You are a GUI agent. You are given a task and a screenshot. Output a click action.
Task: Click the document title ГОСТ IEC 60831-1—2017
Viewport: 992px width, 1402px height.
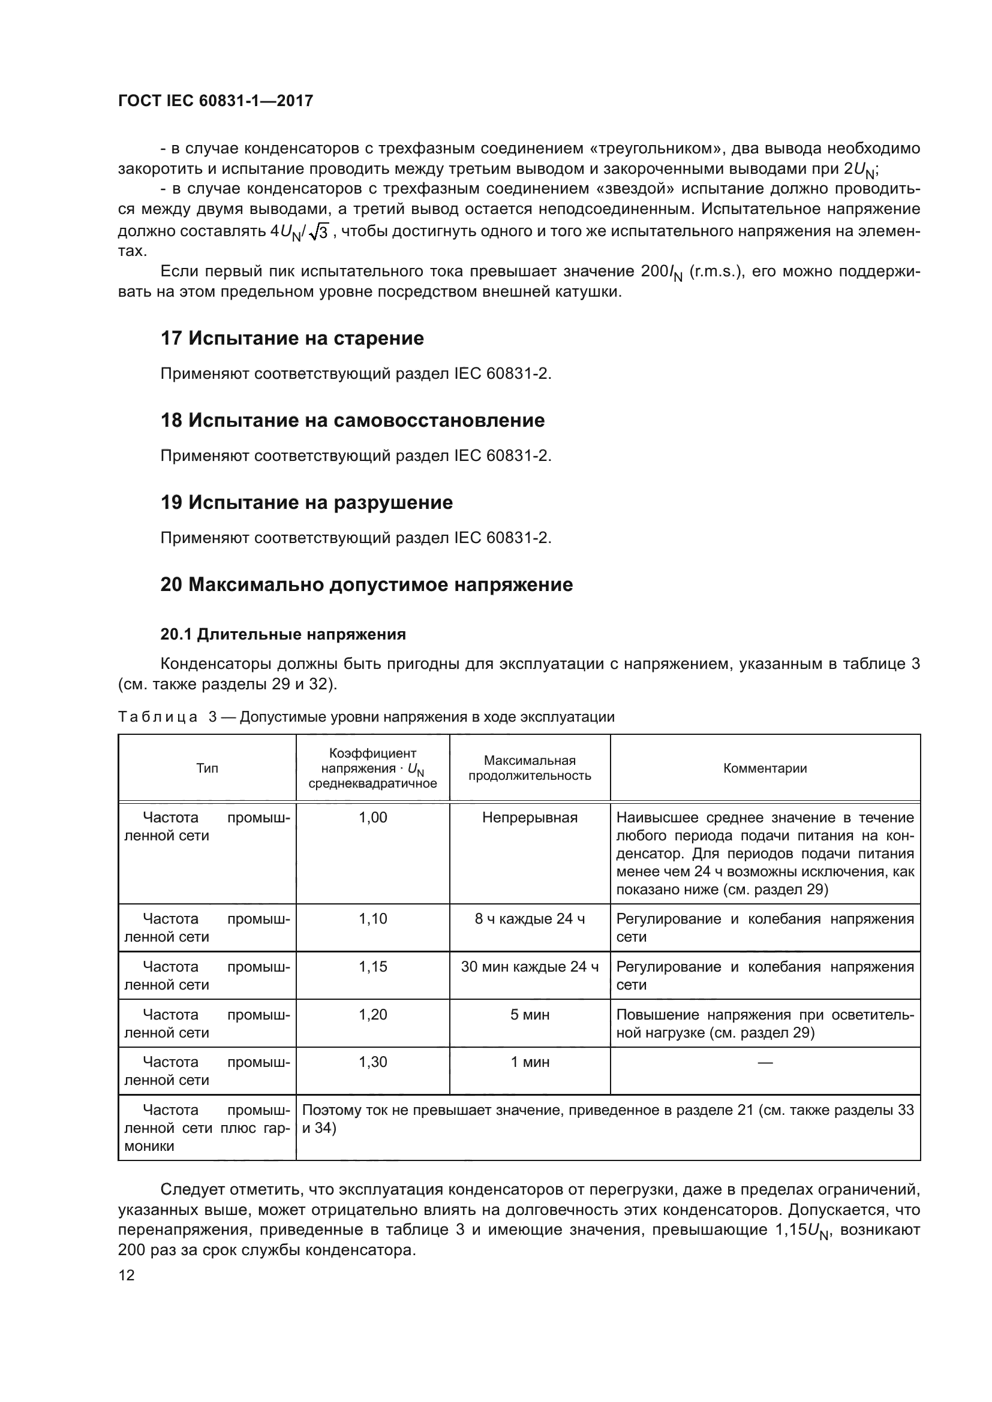tap(216, 101)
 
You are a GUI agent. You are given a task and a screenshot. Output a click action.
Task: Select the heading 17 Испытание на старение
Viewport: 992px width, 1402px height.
tap(292, 338)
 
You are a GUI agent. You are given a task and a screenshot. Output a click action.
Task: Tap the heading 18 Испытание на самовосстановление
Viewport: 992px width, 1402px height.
tap(353, 420)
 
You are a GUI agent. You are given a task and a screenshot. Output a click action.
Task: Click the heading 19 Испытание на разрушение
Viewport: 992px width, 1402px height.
tap(306, 502)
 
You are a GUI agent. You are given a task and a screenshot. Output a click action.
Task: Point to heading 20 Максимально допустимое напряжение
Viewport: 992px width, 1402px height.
tap(366, 584)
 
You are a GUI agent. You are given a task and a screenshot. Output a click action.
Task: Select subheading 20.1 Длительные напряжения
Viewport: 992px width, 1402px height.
tap(283, 634)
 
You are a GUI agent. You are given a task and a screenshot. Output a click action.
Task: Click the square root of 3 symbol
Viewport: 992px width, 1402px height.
tap(319, 232)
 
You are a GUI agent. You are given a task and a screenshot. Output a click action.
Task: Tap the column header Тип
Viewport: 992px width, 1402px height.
tap(207, 768)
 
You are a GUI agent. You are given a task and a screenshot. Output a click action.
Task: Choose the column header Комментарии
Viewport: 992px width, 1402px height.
tap(765, 768)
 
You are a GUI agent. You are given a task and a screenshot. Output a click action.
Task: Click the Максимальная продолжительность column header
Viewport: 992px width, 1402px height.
tap(530, 768)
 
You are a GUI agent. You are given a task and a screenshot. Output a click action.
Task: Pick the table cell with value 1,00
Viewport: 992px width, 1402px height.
tap(372, 818)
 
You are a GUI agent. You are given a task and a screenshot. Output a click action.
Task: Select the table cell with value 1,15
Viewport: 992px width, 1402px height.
tap(372, 967)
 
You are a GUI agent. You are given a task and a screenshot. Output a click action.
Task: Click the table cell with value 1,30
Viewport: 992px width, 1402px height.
tap(372, 1062)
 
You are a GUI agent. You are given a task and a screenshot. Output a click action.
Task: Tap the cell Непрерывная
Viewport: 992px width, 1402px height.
tap(530, 818)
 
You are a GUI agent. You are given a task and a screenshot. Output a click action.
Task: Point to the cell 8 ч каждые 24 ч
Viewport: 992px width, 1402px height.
tap(530, 919)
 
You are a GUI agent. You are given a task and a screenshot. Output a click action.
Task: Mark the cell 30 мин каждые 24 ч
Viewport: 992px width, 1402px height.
tap(530, 967)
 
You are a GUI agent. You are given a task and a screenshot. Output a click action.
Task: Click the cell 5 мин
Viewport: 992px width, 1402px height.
tap(530, 1014)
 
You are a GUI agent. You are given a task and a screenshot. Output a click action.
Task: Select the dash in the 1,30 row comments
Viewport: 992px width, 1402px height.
tap(765, 1063)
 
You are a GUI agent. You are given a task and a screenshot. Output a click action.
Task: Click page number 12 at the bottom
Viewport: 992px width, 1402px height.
tap(127, 1275)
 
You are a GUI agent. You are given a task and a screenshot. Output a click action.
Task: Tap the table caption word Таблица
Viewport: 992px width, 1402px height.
tap(158, 717)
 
